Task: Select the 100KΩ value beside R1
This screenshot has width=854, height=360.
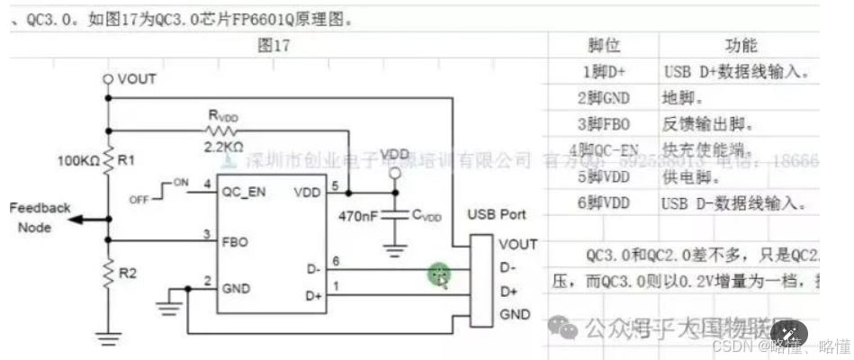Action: [x=80, y=160]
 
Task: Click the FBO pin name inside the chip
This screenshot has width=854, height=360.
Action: [x=235, y=241]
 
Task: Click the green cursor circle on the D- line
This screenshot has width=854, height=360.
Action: [x=439, y=274]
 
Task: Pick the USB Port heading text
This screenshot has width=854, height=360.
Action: [x=497, y=215]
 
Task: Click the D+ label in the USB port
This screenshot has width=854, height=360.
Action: [x=508, y=292]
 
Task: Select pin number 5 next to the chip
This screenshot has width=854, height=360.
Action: [x=335, y=186]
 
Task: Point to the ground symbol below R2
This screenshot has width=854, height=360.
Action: [x=109, y=338]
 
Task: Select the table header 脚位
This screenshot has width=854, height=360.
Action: [x=602, y=46]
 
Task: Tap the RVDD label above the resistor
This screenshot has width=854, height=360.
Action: [x=225, y=116]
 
